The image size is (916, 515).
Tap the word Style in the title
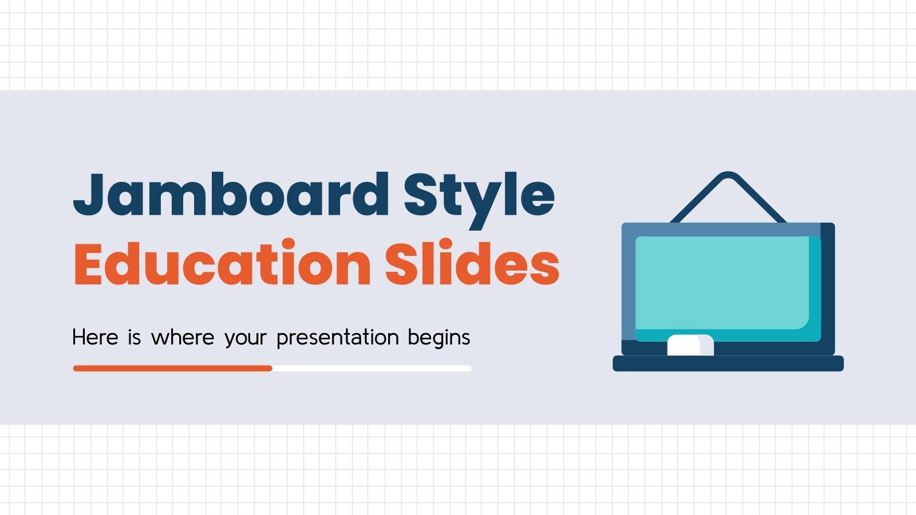point(479,195)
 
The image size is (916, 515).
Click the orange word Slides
point(471,264)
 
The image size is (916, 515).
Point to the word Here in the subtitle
point(95,337)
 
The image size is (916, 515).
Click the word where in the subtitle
point(183,337)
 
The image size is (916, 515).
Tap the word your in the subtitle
point(246,338)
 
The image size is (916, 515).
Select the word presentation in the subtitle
point(337,337)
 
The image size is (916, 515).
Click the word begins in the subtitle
point(439,338)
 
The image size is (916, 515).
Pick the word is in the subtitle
point(135,337)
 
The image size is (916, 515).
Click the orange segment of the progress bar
point(172,369)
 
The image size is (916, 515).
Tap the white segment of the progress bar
point(372,369)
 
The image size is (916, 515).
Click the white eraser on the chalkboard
point(690,345)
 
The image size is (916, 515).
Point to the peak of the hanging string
point(728,175)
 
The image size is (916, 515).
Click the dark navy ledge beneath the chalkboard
point(728,363)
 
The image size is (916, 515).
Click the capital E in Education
point(92,264)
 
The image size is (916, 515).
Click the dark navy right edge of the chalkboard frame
point(828,286)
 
